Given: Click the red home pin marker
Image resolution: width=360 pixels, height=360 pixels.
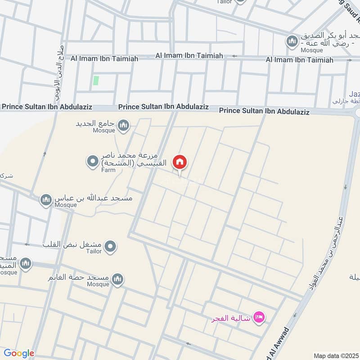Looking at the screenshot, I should [180, 162].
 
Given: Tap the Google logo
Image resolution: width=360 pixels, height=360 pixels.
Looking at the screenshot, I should [19, 353].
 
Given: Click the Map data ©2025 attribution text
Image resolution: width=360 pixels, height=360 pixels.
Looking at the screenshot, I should [336, 355].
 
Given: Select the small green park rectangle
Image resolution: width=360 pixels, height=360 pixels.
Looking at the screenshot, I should [95, 81].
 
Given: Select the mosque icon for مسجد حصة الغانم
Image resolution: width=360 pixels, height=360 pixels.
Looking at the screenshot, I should [118, 279].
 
